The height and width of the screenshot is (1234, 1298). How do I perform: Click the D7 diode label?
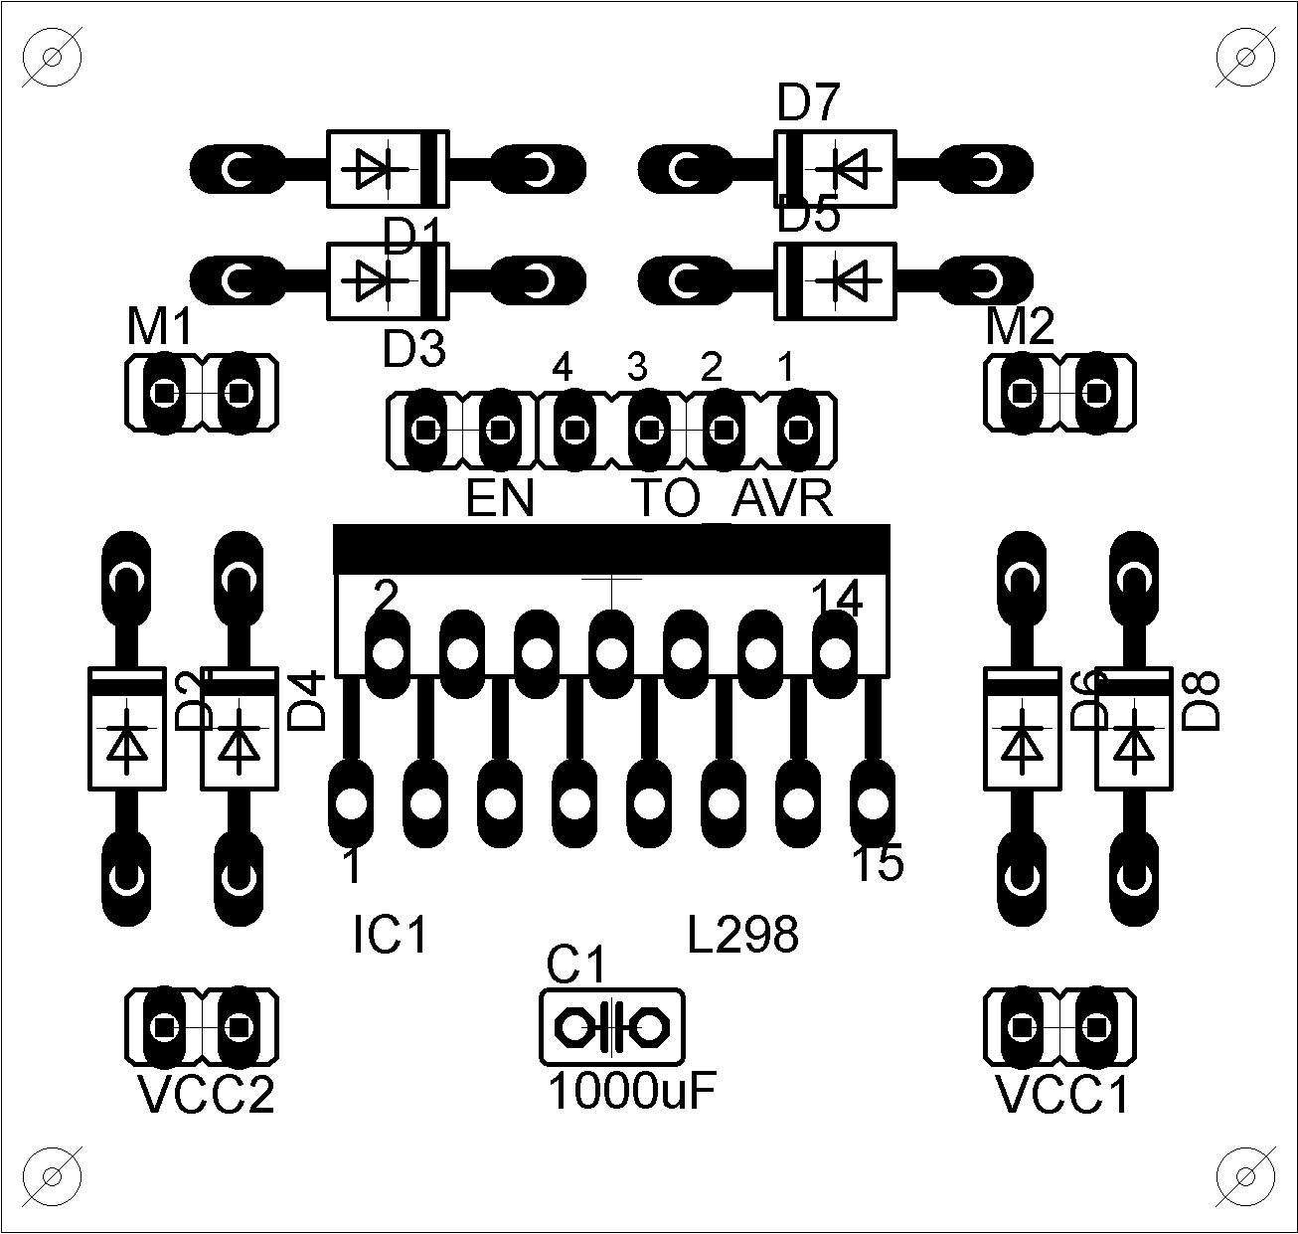click(x=808, y=102)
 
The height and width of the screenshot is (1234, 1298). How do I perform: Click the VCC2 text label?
click(x=206, y=1096)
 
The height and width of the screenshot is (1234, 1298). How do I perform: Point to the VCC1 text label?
click(x=1062, y=1096)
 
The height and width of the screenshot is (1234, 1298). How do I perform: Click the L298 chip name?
click(x=743, y=936)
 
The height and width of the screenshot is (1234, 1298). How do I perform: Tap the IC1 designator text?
click(x=391, y=936)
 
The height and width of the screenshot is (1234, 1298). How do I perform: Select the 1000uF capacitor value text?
click(x=632, y=1093)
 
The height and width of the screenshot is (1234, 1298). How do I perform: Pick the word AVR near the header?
click(x=782, y=499)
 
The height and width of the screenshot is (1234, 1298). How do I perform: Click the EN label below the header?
click(x=500, y=499)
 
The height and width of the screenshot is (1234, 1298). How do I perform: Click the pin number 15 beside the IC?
click(x=879, y=863)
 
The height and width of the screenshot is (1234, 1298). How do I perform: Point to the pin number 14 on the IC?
click(x=837, y=599)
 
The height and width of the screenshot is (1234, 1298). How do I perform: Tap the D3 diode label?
click(x=414, y=349)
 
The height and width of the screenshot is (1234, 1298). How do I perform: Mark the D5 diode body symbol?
click(x=837, y=281)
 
